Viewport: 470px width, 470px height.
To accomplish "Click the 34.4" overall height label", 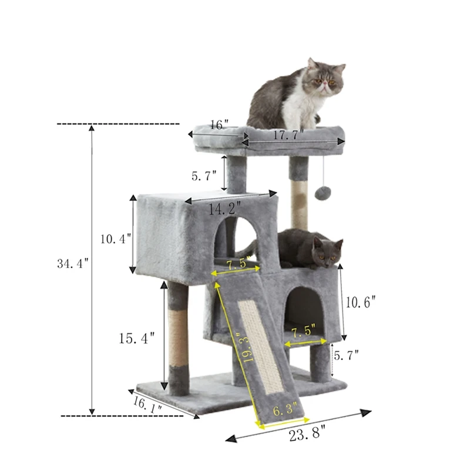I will (72, 264).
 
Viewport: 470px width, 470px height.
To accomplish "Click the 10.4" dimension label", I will (115, 239).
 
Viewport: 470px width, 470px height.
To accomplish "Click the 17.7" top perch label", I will (288, 135).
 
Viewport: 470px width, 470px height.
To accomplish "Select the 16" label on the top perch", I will (218, 125).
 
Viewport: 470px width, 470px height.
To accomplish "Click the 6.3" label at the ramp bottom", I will (284, 411).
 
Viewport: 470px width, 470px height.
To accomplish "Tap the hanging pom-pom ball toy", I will (321, 193).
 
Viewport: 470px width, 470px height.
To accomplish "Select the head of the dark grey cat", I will (327, 251).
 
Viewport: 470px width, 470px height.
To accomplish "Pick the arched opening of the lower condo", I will (306, 308).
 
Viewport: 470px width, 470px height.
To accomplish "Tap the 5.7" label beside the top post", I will (204, 175).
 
